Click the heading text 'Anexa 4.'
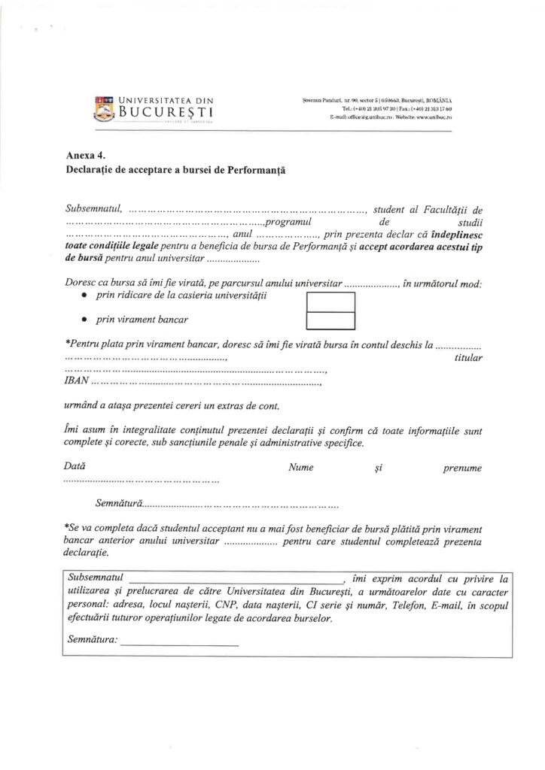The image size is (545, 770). [84, 156]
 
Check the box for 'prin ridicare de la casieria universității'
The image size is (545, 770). [330, 302]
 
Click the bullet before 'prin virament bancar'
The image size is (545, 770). [83, 320]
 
